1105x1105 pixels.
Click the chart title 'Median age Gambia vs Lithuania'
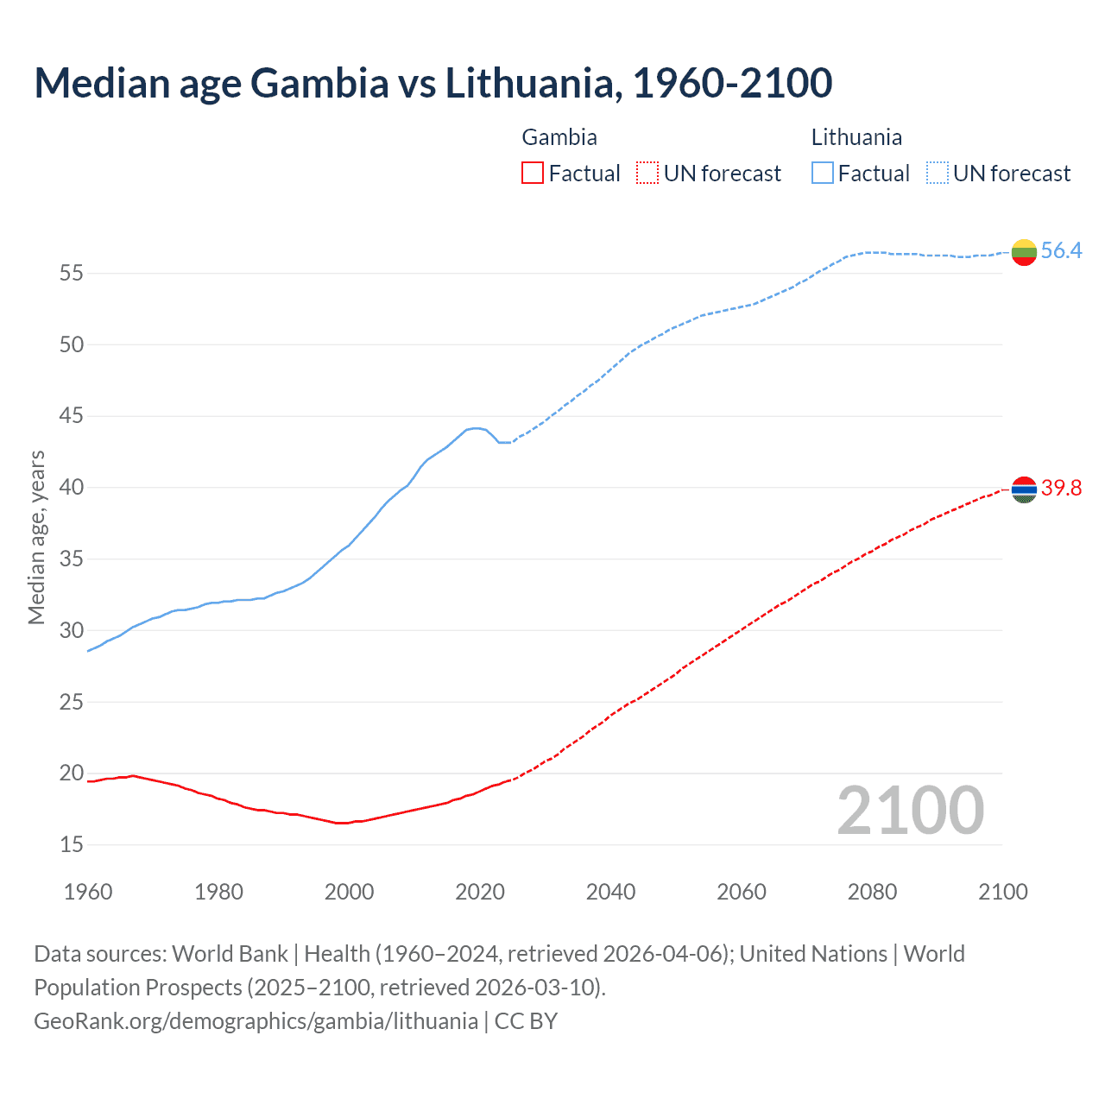pos(433,83)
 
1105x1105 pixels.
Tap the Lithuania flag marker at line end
pos(1024,252)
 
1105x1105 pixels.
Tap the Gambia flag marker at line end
pos(1024,489)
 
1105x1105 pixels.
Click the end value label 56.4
pos(1061,251)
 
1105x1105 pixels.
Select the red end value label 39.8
pos(1061,489)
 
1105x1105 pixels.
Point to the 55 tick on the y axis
pos(72,274)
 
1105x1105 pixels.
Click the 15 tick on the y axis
pos(72,844)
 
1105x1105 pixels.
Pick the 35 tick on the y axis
pos(72,559)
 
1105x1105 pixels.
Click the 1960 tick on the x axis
pos(88,892)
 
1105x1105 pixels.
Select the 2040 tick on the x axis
pos(610,892)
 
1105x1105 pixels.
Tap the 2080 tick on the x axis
pos(872,892)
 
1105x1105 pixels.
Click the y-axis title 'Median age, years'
pos(36,537)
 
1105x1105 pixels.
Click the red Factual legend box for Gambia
pos(533,174)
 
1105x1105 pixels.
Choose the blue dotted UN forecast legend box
pos(938,174)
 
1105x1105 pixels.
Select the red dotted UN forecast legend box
pos(647,174)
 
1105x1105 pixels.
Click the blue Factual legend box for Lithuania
pos(822,174)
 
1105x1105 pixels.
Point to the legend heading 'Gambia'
pos(559,137)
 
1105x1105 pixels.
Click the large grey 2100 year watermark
pos(910,811)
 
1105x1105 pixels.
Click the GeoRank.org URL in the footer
pos(256,1021)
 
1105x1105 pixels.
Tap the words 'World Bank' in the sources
pos(230,954)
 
